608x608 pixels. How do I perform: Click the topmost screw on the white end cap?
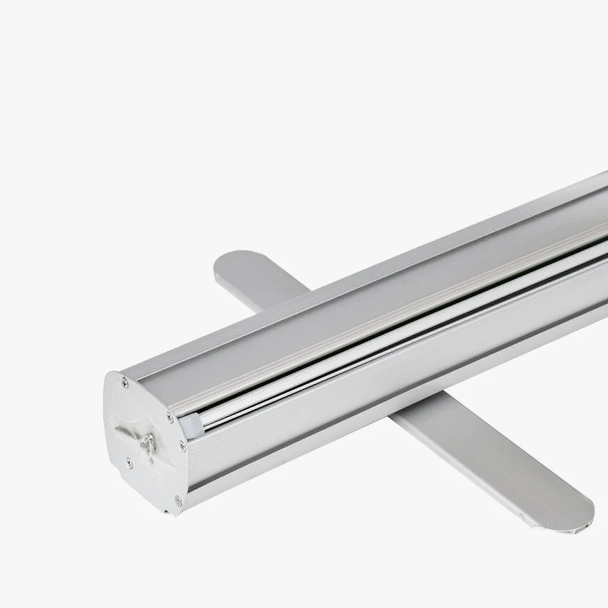(125, 382)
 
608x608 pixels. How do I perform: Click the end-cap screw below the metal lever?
(128, 463)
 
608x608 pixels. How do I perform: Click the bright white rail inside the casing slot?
(365, 365)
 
